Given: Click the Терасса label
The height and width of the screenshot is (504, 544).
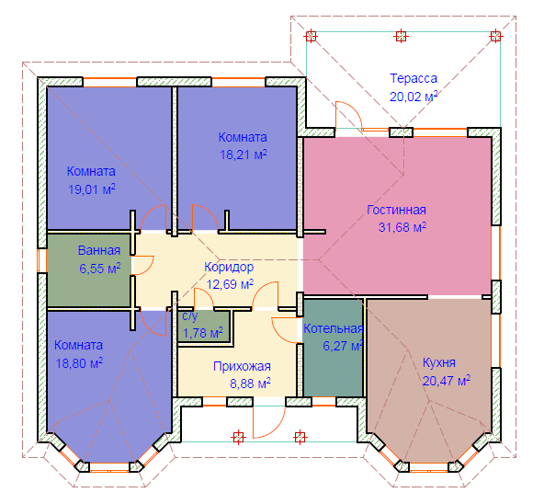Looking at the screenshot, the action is click(414, 78).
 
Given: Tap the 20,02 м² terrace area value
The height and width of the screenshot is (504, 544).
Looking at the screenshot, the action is click(414, 97).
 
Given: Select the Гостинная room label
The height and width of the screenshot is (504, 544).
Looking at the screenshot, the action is click(397, 210).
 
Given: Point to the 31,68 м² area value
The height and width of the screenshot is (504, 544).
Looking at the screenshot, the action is click(402, 227).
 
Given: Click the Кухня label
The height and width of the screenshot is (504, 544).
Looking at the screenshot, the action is click(439, 362).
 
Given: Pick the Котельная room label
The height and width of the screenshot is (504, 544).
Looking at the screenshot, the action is click(334, 328).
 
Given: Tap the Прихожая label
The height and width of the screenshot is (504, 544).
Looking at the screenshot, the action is click(242, 366).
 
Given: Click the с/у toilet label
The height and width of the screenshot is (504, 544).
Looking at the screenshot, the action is click(190, 315).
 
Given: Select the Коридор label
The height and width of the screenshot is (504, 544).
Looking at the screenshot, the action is click(229, 267).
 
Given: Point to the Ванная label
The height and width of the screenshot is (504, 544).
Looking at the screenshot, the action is click(99, 250).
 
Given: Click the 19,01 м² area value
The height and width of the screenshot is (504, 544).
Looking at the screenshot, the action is click(92, 189).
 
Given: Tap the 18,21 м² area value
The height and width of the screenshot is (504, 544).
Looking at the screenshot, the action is click(244, 155).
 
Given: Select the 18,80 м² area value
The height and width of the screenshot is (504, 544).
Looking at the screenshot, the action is click(79, 363).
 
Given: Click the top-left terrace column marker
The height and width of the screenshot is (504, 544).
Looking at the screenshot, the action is click(311, 36).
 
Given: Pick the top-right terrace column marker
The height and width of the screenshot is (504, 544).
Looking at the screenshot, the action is click(495, 36).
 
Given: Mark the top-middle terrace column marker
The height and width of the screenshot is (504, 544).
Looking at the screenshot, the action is click(401, 36).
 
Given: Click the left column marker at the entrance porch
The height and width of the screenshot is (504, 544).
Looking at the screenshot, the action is click(238, 437).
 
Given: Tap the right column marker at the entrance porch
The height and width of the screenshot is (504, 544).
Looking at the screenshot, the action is click(300, 437).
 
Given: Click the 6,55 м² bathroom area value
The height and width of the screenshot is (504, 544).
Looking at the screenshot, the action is click(100, 269).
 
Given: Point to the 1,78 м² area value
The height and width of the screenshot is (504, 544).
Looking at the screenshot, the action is click(202, 333).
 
